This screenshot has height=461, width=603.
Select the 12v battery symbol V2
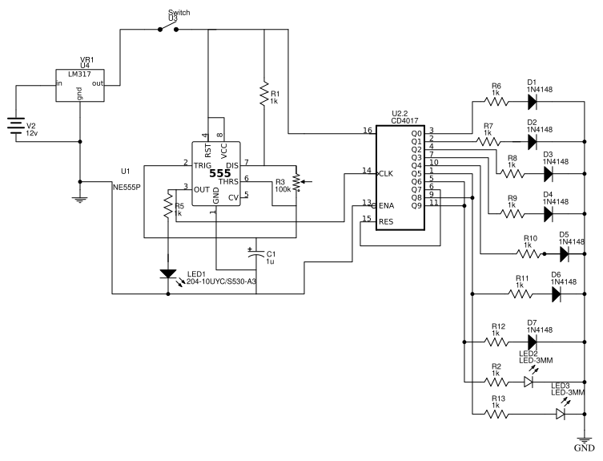coord(16,126)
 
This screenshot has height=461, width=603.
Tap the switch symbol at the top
coord(167,29)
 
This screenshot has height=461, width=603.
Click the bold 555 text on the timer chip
coord(220,173)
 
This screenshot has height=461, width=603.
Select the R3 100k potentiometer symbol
coord(297,182)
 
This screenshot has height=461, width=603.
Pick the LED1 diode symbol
coord(167,274)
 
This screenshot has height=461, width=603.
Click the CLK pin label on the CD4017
coord(386,172)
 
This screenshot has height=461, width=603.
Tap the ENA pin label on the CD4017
coord(387,204)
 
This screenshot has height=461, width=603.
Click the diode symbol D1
coord(533,102)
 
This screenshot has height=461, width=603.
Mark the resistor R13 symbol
coord(496,414)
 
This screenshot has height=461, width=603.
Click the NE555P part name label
coord(129,185)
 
